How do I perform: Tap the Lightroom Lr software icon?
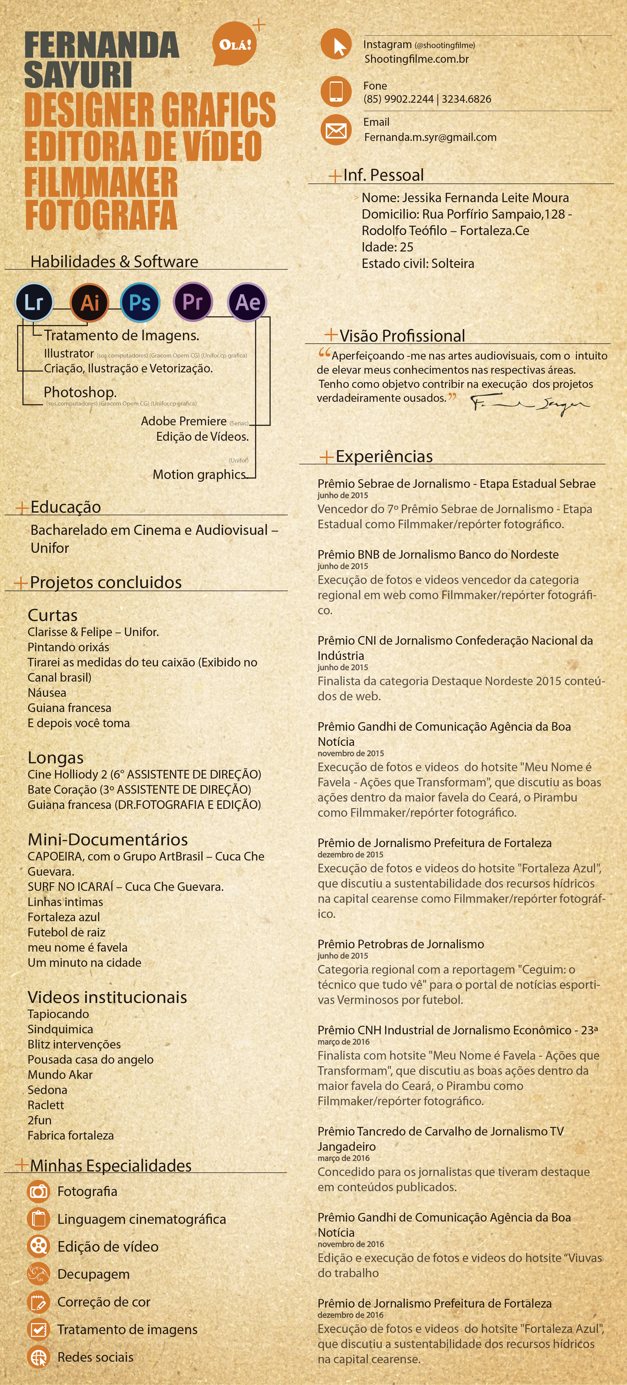tap(34, 302)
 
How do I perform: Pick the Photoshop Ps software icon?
tap(140, 302)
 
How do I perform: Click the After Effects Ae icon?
tap(247, 302)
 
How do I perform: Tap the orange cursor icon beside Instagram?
tap(336, 45)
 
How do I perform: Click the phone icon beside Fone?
tap(336, 91)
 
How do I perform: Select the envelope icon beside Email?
tap(336, 130)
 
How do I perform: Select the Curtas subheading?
tap(53, 615)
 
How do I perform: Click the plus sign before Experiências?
tap(326, 457)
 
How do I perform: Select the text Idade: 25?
tap(387, 247)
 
